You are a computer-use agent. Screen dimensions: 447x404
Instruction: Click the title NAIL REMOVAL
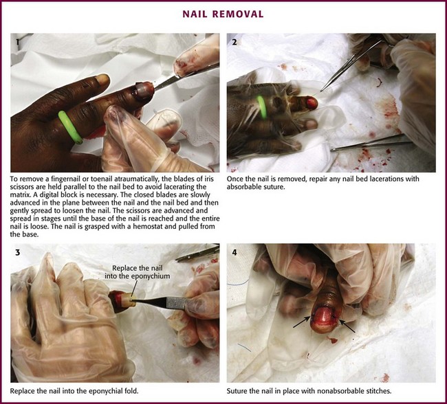pyautogui.click(x=223, y=14)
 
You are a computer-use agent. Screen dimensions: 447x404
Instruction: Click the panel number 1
pyautogui.click(x=17, y=42)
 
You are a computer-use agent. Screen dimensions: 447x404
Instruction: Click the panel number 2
pyautogui.click(x=235, y=42)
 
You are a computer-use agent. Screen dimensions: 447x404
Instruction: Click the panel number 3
pyautogui.click(x=18, y=252)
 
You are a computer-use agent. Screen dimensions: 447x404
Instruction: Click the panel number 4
pyautogui.click(x=235, y=252)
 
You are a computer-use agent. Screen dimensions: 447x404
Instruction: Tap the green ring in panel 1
pyautogui.click(x=70, y=127)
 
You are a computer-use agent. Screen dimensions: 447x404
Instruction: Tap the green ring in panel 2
pyautogui.click(x=262, y=107)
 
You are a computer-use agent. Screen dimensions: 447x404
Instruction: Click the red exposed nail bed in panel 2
pyautogui.click(x=312, y=102)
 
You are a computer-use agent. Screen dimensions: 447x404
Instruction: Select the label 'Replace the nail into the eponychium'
pyautogui.click(x=137, y=272)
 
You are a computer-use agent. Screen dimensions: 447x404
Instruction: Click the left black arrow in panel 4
pyautogui.click(x=302, y=322)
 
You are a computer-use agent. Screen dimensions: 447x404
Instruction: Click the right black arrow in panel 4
pyautogui.click(x=347, y=326)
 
